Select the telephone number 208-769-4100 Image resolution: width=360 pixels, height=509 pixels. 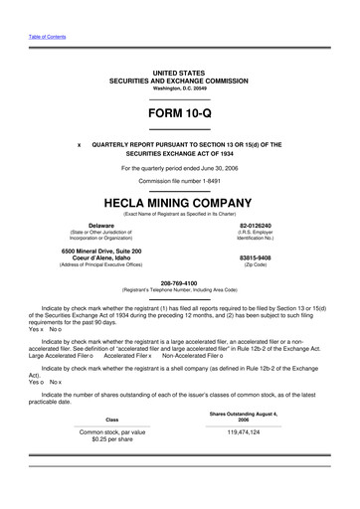pos(180,280)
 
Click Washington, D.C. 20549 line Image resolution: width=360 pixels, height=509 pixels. pos(180,87)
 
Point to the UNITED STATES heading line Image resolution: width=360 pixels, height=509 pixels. pos(180,73)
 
